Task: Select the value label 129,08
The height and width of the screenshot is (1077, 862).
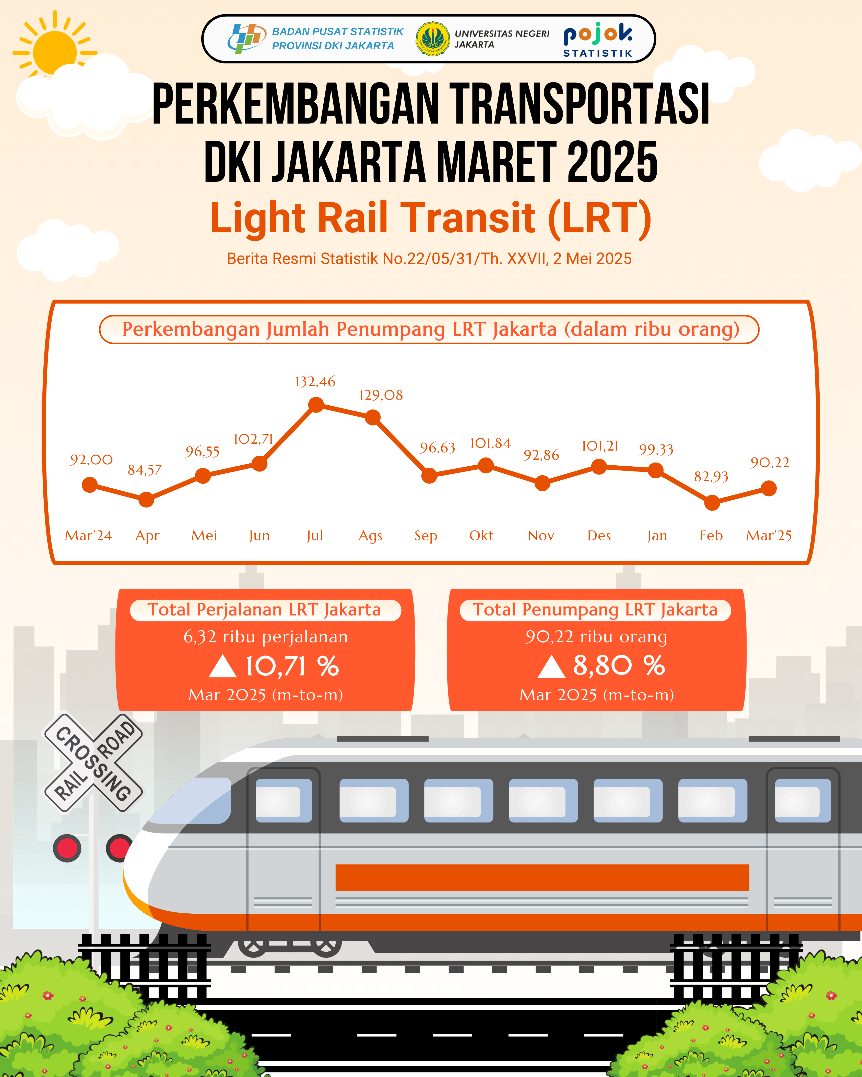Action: click(x=381, y=395)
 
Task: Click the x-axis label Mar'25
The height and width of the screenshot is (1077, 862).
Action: click(x=769, y=536)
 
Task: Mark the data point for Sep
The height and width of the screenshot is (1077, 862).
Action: click(x=429, y=476)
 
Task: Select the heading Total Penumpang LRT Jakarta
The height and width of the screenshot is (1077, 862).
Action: click(x=595, y=610)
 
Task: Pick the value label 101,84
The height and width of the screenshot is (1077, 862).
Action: click(x=490, y=443)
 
